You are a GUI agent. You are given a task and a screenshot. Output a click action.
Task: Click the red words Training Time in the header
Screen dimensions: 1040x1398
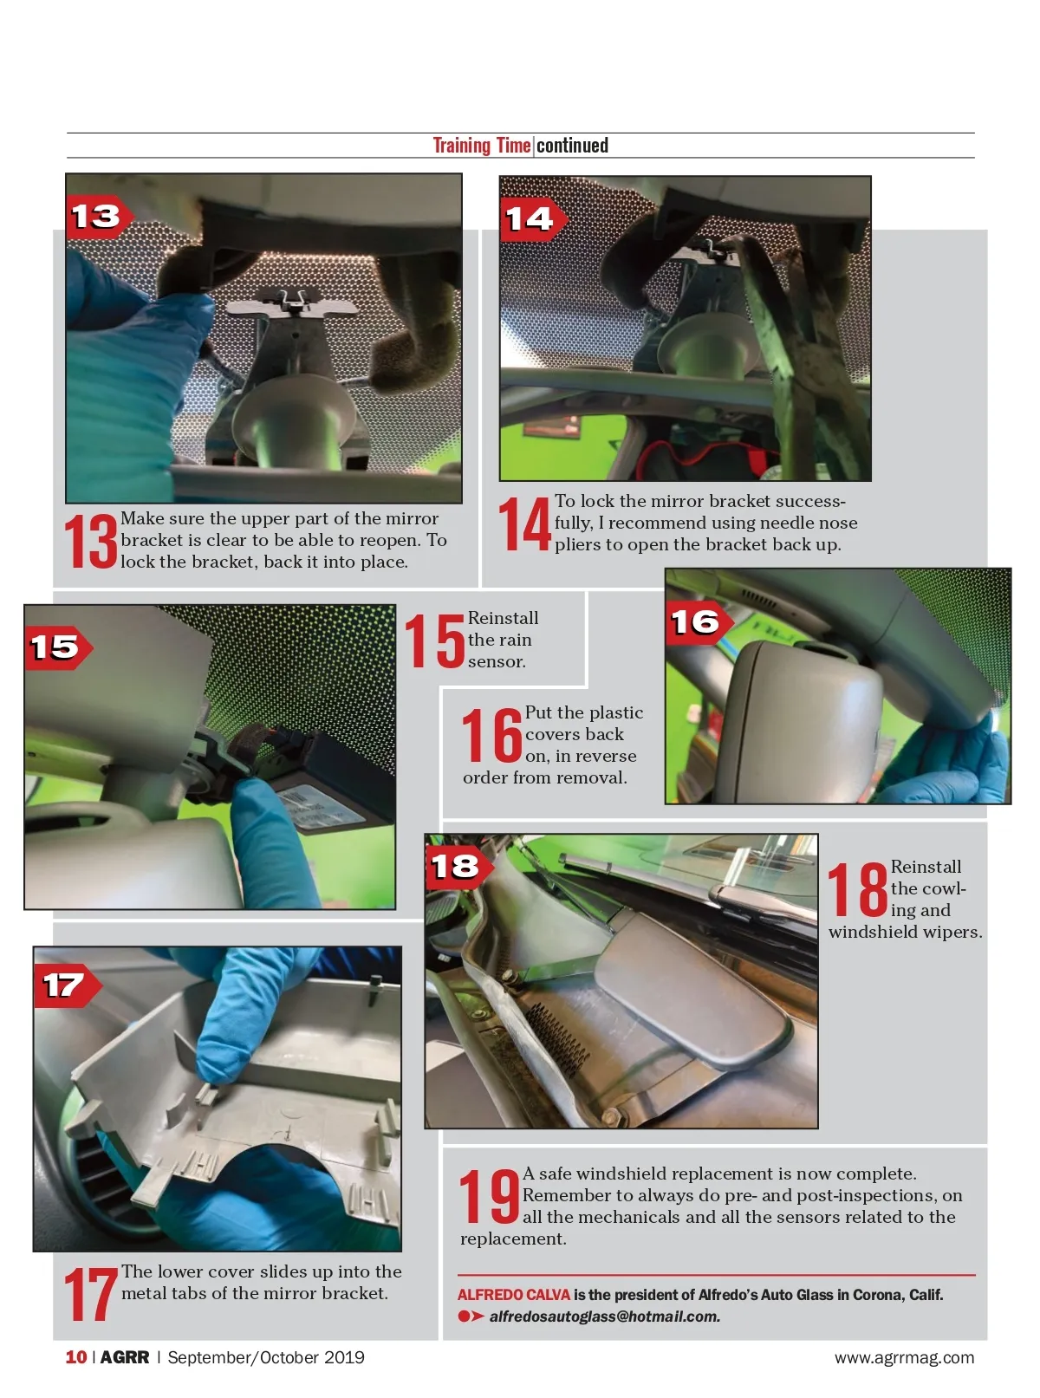point(482,146)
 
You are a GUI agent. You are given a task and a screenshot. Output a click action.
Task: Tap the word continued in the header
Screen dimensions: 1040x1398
point(572,146)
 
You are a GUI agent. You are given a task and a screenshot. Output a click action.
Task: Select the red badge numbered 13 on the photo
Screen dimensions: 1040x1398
point(99,218)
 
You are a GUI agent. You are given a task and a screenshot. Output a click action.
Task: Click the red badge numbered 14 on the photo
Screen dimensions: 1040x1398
point(533,219)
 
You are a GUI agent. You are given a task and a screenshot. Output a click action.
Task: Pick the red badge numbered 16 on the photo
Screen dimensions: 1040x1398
point(699,623)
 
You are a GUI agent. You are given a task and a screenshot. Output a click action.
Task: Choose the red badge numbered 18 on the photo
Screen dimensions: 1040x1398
point(459,867)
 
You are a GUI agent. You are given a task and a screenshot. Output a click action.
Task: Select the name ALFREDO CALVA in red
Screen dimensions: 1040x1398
point(514,1295)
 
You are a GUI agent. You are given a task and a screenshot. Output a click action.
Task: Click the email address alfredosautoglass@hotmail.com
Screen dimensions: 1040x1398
point(604,1317)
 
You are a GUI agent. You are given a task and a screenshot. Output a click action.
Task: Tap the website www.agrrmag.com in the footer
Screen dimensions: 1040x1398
point(905,1357)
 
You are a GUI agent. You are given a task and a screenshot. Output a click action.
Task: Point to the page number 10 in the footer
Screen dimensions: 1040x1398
point(76,1357)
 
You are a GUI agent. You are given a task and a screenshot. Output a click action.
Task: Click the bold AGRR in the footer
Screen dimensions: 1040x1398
point(125,1357)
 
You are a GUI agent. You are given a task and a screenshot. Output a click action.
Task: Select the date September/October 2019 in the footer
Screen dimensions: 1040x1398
point(266,1357)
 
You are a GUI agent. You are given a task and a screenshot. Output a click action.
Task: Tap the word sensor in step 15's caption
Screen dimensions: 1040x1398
point(496,662)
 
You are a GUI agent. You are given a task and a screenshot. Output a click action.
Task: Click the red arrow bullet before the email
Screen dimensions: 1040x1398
point(471,1317)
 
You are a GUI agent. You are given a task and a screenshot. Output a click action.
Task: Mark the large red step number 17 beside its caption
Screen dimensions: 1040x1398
point(91,1294)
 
